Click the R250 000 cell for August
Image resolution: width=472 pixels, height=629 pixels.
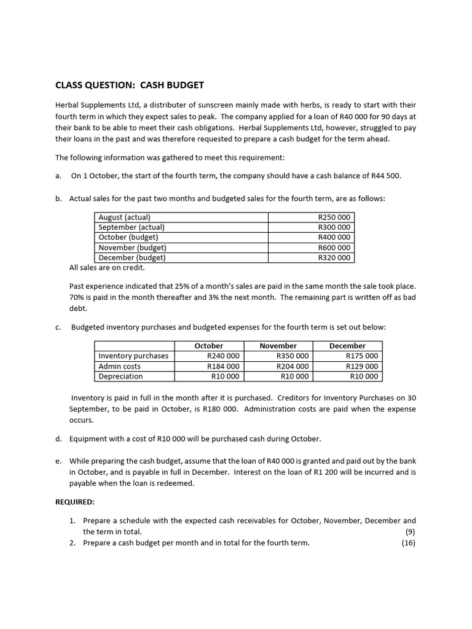(334, 217)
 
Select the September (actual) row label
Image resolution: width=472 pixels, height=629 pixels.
(132, 227)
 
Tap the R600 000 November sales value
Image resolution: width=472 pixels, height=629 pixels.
(334, 248)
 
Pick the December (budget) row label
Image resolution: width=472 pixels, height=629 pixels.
(132, 258)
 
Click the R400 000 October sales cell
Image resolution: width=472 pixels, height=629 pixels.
(334, 237)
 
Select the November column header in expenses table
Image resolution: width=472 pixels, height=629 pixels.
(278, 346)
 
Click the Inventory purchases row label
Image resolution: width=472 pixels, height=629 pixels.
(133, 356)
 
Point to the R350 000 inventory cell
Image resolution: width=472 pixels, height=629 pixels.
(293, 356)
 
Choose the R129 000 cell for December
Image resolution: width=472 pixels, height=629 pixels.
(362, 366)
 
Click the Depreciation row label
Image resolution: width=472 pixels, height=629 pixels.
(120, 377)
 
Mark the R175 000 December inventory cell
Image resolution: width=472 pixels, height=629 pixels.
(362, 356)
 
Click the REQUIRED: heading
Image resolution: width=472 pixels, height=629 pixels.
(75, 502)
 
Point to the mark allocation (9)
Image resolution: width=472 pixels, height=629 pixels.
(411, 532)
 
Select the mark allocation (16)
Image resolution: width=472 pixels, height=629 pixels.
(409, 543)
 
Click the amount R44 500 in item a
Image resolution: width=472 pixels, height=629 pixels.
(385, 176)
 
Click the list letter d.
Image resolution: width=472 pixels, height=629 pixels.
(58, 439)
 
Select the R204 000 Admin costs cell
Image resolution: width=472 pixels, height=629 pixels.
(293, 366)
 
